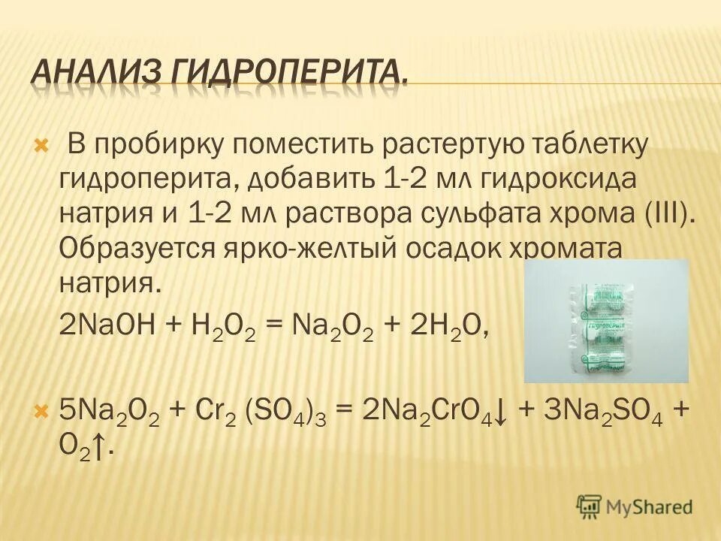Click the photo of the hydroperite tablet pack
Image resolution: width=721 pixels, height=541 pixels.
[x=605, y=321]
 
